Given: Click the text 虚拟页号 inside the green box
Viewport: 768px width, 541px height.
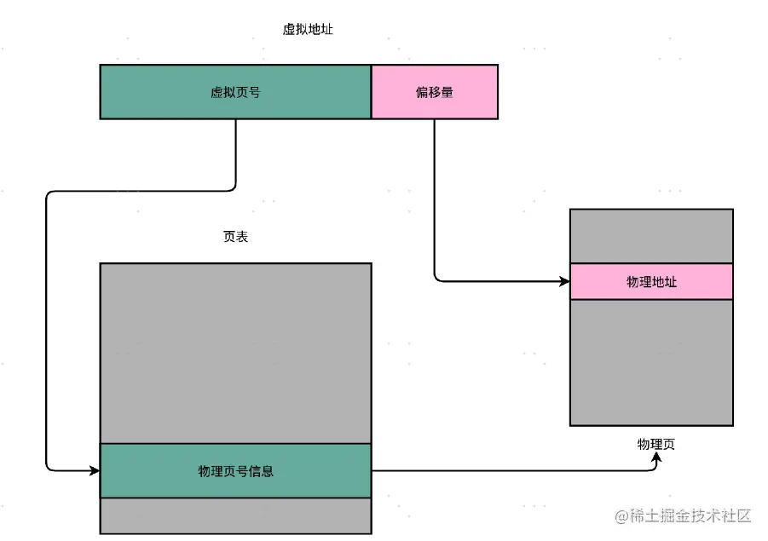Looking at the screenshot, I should pos(235,91).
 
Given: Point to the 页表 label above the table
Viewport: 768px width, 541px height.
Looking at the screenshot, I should pos(235,238).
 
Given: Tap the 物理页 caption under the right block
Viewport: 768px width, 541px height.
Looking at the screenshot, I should pos(655,444).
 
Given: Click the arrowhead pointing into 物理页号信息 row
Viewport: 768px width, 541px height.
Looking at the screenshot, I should pos(95,469).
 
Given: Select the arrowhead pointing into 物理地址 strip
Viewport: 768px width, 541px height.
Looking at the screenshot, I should pos(564,280).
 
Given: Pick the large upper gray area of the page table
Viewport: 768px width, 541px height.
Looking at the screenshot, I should pos(235,353).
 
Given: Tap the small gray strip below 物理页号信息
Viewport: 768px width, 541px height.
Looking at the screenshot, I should pos(235,515).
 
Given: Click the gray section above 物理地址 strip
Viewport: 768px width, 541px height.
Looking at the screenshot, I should pos(651,236).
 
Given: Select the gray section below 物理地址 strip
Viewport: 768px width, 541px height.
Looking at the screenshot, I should pos(651,362).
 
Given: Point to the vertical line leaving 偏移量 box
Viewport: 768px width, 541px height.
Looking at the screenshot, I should pos(434,196).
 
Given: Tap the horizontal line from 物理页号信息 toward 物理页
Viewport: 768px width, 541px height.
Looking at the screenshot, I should pos(511,469).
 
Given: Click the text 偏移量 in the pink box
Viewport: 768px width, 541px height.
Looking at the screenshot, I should pos(434,91).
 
